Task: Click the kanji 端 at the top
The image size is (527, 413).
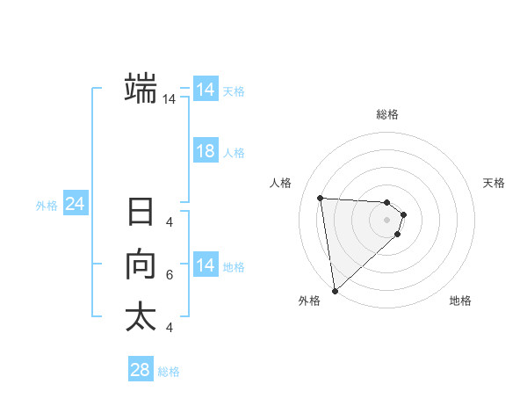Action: point(141,90)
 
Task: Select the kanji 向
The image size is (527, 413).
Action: point(141,264)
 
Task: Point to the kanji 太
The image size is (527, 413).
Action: point(141,317)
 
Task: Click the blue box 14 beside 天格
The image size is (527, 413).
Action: point(206,90)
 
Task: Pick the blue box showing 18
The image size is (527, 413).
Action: point(206,151)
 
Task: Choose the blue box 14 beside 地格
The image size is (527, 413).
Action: point(206,265)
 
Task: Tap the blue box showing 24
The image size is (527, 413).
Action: point(76,204)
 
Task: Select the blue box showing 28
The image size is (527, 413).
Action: point(141,369)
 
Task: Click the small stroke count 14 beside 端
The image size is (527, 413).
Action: point(170,100)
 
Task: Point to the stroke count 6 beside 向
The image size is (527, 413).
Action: point(169,275)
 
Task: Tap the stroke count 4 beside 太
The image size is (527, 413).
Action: point(169,328)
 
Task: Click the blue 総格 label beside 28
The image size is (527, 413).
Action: point(169,372)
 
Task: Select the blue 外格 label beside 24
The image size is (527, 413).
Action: point(47,206)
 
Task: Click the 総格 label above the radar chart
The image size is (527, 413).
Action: point(387,114)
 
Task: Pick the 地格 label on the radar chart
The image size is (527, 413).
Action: point(460,301)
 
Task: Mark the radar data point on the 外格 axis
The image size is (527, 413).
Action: point(335,291)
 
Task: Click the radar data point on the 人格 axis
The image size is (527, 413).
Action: point(321,198)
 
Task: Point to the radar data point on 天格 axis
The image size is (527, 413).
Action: point(404,214)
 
